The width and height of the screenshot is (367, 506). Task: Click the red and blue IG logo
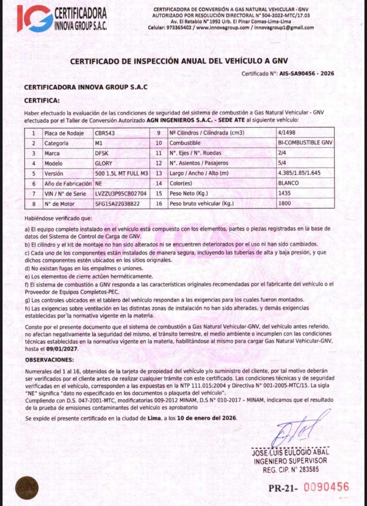click(35, 18)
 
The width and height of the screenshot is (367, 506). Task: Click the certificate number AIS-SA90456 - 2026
click(307, 73)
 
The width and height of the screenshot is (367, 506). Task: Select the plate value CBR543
click(105, 133)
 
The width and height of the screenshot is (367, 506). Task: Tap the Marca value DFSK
click(102, 153)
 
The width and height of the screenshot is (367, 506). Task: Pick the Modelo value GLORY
click(104, 164)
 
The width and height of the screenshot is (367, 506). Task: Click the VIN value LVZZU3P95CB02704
click(121, 194)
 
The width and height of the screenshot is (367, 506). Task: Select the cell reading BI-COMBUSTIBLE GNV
click(305, 143)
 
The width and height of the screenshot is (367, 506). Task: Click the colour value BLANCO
click(289, 183)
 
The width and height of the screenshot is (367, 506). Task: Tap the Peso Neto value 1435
click(285, 194)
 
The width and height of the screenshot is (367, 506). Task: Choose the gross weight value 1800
click(285, 204)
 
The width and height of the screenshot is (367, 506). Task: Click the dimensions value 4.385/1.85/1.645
click(300, 173)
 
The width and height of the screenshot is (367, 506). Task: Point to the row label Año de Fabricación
click(67, 184)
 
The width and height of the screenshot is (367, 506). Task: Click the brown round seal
click(27, 488)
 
